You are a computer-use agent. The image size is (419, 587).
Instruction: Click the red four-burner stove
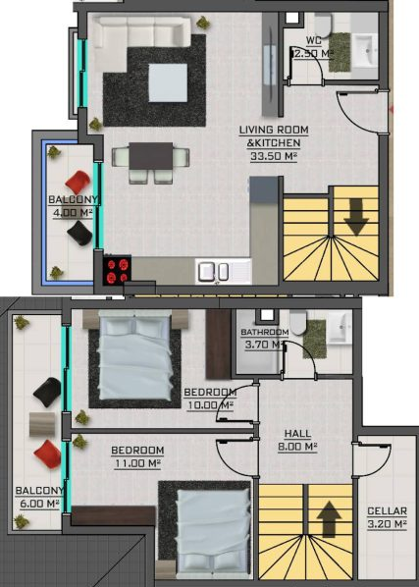click(118, 269)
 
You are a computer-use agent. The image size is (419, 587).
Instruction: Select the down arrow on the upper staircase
click(356, 217)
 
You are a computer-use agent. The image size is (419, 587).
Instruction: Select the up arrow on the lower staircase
click(329, 519)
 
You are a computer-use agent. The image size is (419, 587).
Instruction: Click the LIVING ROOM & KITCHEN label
click(274, 136)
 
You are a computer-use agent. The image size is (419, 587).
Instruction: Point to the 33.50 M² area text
click(274, 156)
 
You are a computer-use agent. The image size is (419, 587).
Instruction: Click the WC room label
click(313, 40)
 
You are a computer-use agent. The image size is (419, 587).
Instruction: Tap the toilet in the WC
click(323, 25)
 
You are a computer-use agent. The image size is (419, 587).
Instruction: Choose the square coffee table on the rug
click(168, 82)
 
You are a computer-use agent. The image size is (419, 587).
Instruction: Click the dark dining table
click(151, 156)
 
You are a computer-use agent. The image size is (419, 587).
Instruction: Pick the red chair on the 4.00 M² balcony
click(79, 183)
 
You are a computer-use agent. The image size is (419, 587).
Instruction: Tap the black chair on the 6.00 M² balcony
click(47, 393)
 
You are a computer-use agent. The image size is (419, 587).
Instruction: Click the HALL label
click(297, 434)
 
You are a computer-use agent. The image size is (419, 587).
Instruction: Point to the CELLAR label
click(387, 511)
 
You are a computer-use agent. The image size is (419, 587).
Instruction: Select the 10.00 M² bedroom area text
click(210, 405)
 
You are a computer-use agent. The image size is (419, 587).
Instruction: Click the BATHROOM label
click(265, 332)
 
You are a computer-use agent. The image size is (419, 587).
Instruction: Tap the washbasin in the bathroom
click(340, 326)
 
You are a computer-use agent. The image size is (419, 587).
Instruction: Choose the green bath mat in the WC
click(340, 52)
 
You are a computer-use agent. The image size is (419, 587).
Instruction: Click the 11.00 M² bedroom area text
click(137, 463)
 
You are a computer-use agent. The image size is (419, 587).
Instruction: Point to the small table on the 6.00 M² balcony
click(42, 424)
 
